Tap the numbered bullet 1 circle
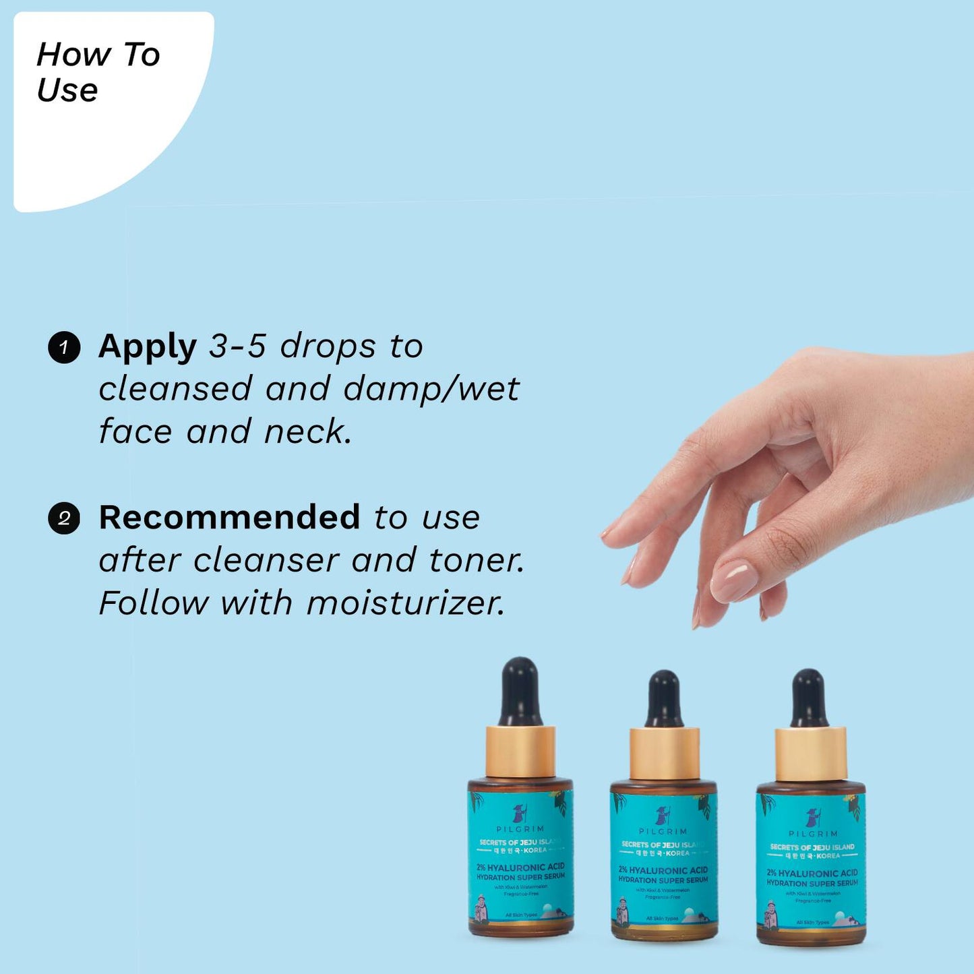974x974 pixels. click(64, 348)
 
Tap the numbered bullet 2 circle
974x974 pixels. click(64, 518)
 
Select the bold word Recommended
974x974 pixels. click(229, 518)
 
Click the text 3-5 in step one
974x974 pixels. click(237, 346)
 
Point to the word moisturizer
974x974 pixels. click(405, 603)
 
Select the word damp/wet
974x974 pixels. click(431, 389)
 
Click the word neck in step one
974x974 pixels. click(307, 432)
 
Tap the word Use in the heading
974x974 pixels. click(67, 90)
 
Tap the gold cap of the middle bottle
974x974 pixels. click(664, 754)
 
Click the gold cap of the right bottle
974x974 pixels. click(810, 754)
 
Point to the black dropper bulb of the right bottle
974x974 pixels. click(809, 698)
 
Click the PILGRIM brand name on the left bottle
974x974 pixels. click(520, 829)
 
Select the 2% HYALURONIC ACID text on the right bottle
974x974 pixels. click(812, 873)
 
